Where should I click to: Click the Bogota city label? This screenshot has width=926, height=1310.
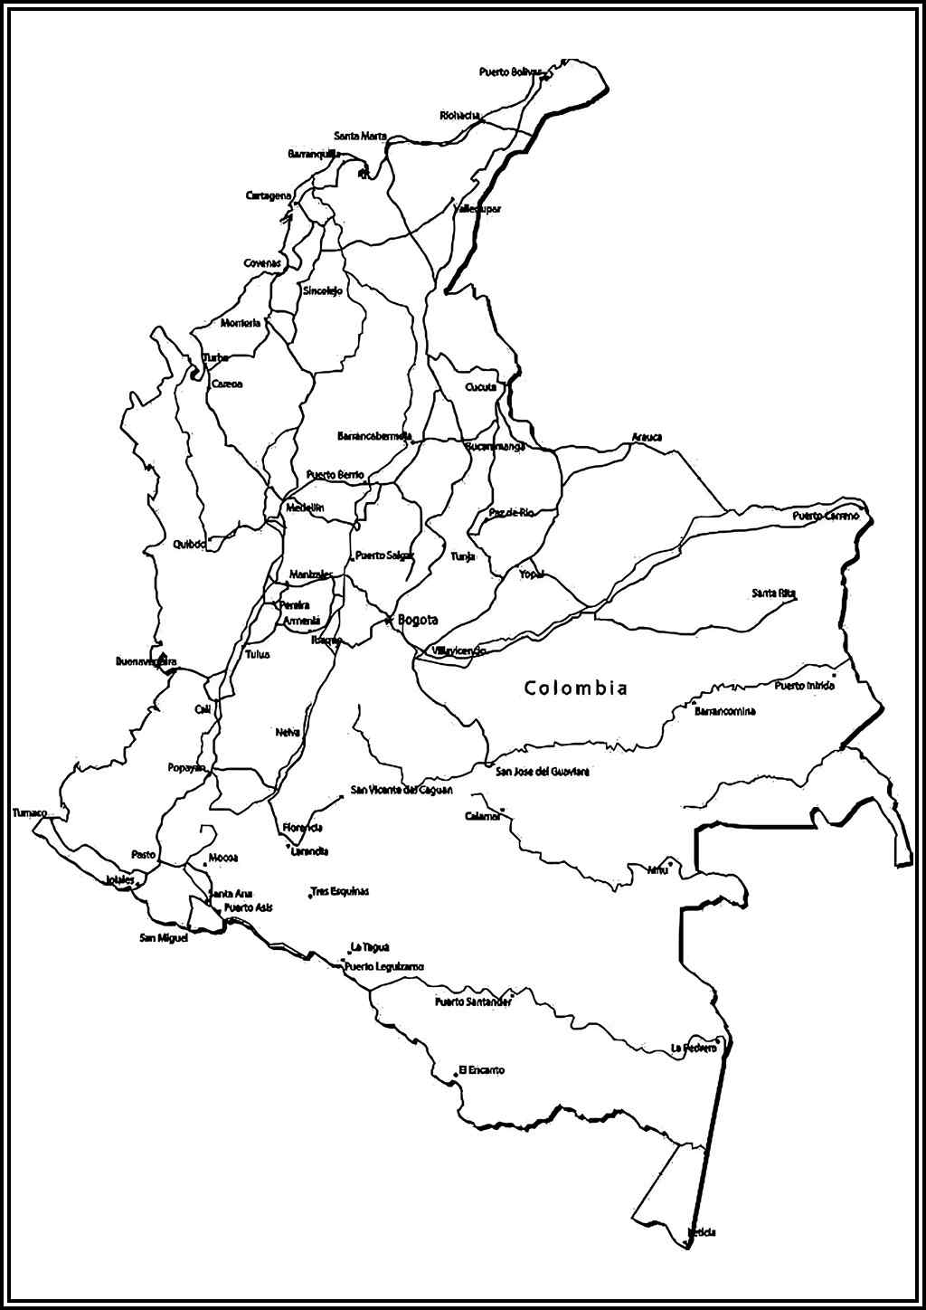[418, 621]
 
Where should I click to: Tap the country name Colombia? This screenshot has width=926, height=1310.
[576, 688]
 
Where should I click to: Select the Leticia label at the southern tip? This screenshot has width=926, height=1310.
[702, 1232]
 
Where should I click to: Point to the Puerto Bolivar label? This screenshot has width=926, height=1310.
[511, 71]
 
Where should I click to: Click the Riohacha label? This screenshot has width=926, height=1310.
[459, 115]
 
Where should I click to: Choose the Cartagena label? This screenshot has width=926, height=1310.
[269, 195]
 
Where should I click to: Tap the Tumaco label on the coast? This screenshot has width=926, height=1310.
[30, 812]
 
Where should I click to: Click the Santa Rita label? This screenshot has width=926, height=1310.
[774, 593]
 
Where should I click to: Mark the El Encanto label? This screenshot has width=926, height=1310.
[482, 1070]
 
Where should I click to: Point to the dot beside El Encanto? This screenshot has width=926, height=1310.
[456, 1075]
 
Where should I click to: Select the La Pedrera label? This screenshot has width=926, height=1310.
[694, 1048]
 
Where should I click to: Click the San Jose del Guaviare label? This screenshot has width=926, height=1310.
[543, 772]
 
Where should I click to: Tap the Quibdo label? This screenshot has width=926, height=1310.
[190, 545]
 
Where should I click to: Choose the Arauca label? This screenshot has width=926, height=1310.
[647, 437]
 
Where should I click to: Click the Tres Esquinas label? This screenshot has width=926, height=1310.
[339, 891]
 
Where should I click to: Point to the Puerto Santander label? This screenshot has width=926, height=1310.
[473, 1001]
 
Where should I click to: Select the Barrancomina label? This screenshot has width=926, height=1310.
[724, 711]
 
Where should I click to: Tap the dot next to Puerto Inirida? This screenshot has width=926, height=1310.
[834, 674]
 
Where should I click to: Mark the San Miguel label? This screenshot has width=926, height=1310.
[164, 937]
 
